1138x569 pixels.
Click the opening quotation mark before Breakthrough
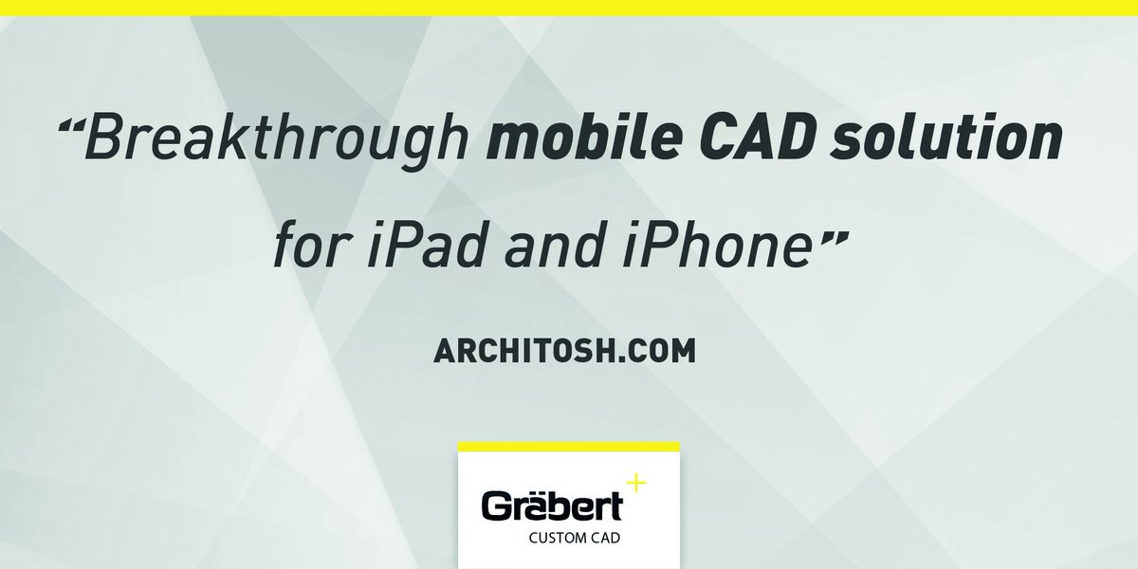tap(72, 126)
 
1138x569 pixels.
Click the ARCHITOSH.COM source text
tap(563, 350)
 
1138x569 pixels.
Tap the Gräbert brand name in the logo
tap(552, 506)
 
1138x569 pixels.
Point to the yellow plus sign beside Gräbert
tap(635, 484)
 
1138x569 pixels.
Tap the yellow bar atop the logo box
tap(569, 446)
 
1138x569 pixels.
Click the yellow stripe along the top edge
tap(569, 7)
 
